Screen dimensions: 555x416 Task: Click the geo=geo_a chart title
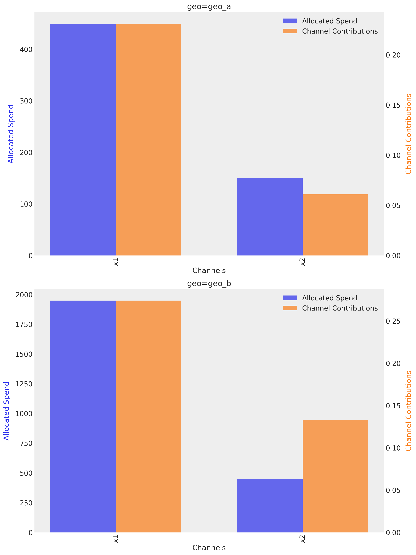(x=209, y=6)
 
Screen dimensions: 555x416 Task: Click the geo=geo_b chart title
(x=209, y=283)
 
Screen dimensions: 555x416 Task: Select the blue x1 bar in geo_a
(x=83, y=139)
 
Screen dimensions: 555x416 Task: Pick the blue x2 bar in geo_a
(x=270, y=217)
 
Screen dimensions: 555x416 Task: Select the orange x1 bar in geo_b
(x=148, y=416)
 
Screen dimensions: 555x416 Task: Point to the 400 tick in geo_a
(x=26, y=50)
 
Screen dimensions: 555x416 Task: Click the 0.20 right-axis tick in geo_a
(x=393, y=55)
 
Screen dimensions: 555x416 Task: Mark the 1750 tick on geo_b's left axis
(x=24, y=325)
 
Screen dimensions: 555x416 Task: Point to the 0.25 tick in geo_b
(x=393, y=321)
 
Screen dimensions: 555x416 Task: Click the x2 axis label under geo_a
(x=303, y=262)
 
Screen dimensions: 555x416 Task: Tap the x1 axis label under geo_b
(x=116, y=539)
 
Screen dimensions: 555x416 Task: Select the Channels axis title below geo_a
(x=209, y=271)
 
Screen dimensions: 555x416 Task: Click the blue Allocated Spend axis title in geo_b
(x=6, y=411)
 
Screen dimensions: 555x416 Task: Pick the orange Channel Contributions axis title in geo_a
(x=409, y=134)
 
